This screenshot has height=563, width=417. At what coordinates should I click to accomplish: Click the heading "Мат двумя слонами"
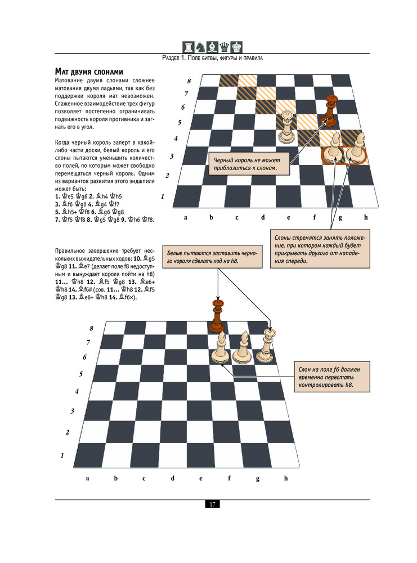[96, 72]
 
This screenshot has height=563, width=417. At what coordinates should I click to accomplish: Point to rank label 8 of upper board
[189, 81]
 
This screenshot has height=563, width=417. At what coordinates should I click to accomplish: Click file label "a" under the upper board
[185, 217]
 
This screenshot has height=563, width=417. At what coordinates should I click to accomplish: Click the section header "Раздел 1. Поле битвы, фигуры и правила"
[213, 58]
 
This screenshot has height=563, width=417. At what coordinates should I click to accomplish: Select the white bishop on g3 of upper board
[335, 146]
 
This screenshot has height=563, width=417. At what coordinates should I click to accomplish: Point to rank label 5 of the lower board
[81, 373]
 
